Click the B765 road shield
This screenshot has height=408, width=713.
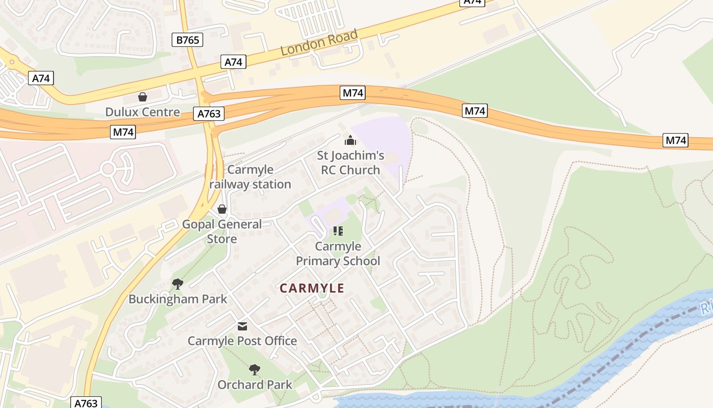[x=187, y=40]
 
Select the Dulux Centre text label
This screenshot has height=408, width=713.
[x=143, y=112]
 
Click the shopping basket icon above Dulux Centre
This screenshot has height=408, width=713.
[x=143, y=97]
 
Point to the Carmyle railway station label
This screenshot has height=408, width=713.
[x=250, y=177]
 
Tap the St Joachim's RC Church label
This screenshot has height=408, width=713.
[x=350, y=163]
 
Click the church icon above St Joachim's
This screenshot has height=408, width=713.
[x=350, y=140]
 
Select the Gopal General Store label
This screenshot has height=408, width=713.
[x=222, y=232]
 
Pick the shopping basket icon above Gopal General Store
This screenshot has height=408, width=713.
[x=222, y=209]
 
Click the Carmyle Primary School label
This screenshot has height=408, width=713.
[x=338, y=254]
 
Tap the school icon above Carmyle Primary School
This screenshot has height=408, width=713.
[x=338, y=231]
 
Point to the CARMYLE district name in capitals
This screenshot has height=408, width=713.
[x=312, y=288]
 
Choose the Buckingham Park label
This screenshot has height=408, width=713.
[x=178, y=299]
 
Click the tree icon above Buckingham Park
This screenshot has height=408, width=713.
[x=177, y=284]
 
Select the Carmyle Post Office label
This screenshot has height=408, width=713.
[x=242, y=341]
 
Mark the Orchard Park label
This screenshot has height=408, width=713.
[x=255, y=385]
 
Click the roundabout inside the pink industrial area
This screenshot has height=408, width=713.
[x=108, y=169]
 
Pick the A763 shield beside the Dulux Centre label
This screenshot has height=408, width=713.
[x=209, y=114]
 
